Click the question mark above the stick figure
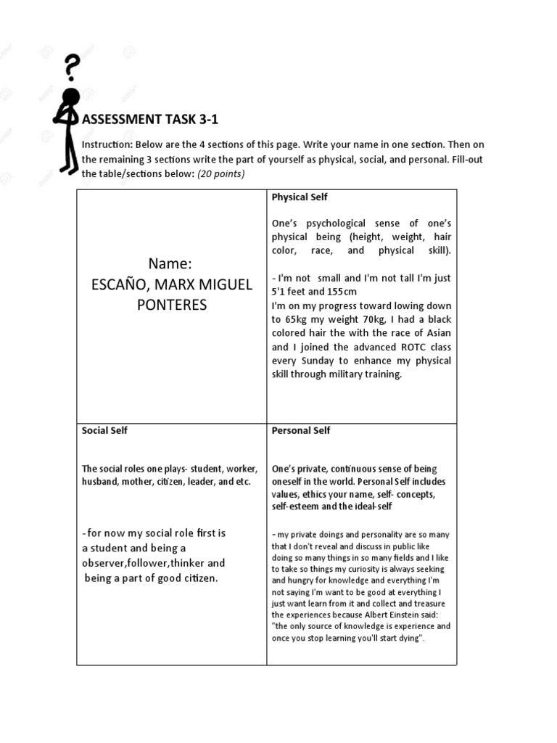[x=72, y=68]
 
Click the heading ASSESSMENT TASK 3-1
[x=141, y=119]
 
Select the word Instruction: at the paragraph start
[x=105, y=144]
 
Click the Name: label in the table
[x=171, y=262]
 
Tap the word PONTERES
[x=172, y=304]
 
